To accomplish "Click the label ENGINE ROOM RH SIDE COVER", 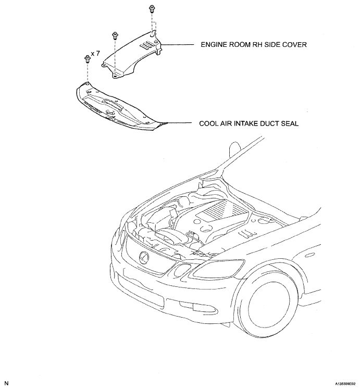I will click(x=254, y=45).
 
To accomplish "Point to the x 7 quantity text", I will click(x=95, y=54).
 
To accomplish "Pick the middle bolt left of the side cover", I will click(x=114, y=36).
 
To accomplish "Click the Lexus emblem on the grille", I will click(x=144, y=255).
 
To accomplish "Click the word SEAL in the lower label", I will click(x=291, y=124).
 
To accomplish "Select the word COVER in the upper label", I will click(x=294, y=45).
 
